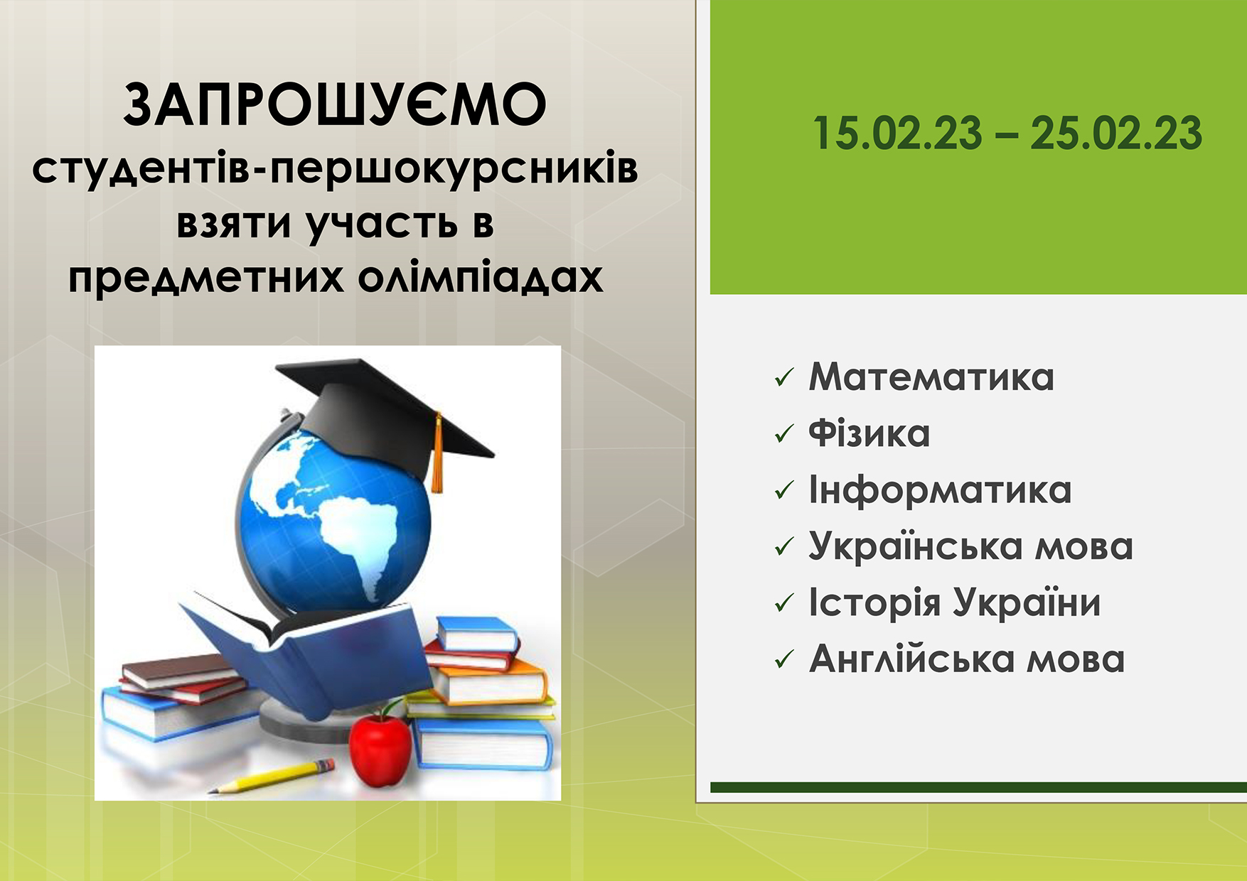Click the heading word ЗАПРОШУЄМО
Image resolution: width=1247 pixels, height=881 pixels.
click(335, 105)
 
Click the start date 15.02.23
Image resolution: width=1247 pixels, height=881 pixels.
click(897, 134)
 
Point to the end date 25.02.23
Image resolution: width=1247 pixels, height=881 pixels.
click(1116, 134)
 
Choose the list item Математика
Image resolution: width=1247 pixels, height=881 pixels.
click(931, 377)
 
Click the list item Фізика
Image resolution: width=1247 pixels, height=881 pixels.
click(869, 433)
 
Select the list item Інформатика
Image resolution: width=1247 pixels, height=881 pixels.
click(940, 490)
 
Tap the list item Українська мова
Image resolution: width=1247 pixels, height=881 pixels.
click(971, 546)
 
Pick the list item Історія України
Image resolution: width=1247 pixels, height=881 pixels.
click(955, 602)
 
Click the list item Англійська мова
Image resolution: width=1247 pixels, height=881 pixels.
click(967, 659)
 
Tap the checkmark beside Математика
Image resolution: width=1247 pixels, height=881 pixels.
click(783, 378)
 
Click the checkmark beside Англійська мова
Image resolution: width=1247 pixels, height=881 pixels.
click(783, 659)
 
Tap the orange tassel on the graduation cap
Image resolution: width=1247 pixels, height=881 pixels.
click(437, 455)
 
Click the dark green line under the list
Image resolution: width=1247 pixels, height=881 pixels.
click(978, 787)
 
